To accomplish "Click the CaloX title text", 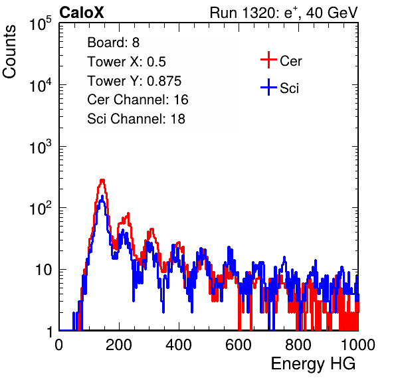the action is (x=82, y=13).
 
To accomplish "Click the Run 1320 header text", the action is (x=284, y=13).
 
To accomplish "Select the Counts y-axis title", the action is (x=9, y=52).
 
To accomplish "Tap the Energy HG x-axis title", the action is (x=313, y=364).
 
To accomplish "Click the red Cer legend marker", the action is (x=268, y=60).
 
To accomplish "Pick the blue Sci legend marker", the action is (x=268, y=87).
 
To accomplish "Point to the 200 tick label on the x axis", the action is (x=119, y=345).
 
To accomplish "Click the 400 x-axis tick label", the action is (x=179, y=345).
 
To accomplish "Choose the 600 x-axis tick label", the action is (x=239, y=345).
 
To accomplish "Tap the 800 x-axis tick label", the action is (x=298, y=345).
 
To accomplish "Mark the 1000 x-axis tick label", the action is (x=357, y=345).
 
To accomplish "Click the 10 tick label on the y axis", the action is (x=43, y=270).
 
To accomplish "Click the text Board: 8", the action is (x=113, y=43).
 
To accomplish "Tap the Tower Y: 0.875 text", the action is (x=134, y=81).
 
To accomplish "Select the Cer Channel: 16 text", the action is (x=138, y=100).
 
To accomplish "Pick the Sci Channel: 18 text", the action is (x=136, y=119).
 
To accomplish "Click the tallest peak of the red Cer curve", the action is (x=102, y=180).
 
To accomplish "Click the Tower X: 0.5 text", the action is (x=126, y=62).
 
